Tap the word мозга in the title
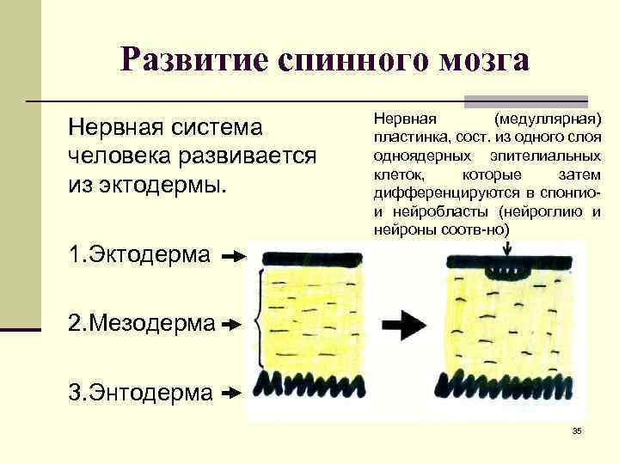481,59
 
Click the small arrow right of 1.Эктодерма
233,256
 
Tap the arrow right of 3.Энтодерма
231,393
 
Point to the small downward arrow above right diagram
509,247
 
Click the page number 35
577,430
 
